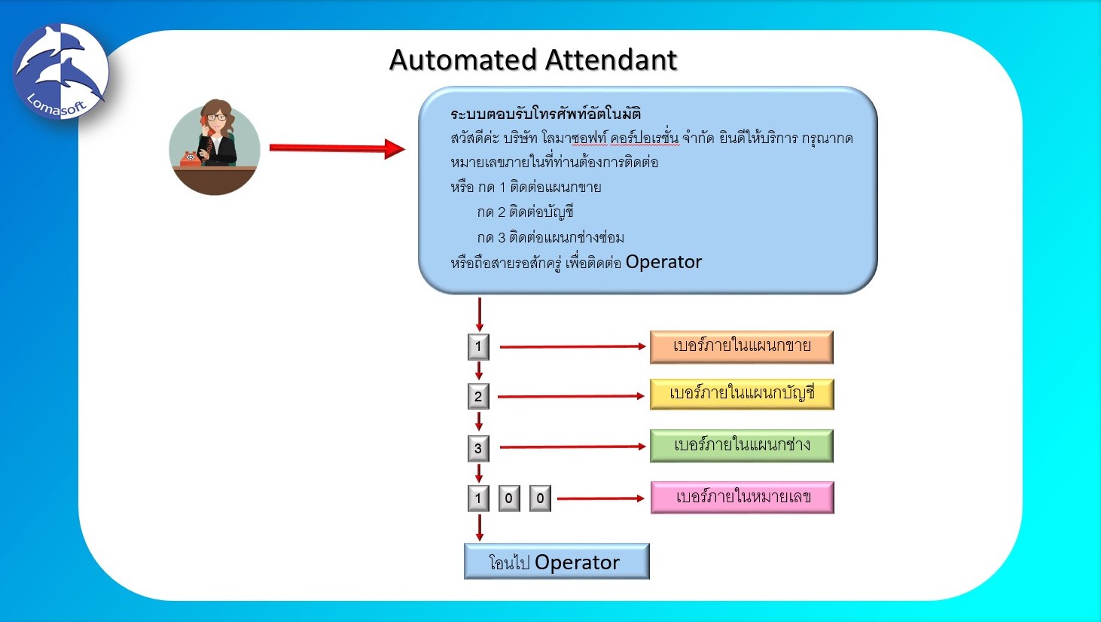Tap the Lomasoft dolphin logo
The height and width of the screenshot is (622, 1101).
60,72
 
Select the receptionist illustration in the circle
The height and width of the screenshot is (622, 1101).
215,147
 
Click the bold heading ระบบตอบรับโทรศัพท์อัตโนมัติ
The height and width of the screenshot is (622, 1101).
545,114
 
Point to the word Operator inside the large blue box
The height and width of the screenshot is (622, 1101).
663,262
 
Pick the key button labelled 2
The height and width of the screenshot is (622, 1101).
478,396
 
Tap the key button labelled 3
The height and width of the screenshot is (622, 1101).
478,448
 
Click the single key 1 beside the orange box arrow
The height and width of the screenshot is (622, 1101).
478,346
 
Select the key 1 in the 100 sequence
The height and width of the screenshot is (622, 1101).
478,498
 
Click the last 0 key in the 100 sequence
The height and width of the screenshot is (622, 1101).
540,498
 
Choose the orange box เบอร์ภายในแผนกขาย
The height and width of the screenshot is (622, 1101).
741,346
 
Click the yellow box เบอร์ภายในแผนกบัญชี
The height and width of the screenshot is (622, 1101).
741,394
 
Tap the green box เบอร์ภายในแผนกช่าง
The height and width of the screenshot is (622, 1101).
741,445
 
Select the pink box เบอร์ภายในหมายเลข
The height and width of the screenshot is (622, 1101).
742,497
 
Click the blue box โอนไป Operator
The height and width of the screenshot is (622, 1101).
556,562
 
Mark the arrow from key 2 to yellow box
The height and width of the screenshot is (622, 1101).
570,396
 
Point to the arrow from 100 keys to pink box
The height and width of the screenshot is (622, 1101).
600,499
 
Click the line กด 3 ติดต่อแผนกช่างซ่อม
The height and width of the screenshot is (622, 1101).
550,237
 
